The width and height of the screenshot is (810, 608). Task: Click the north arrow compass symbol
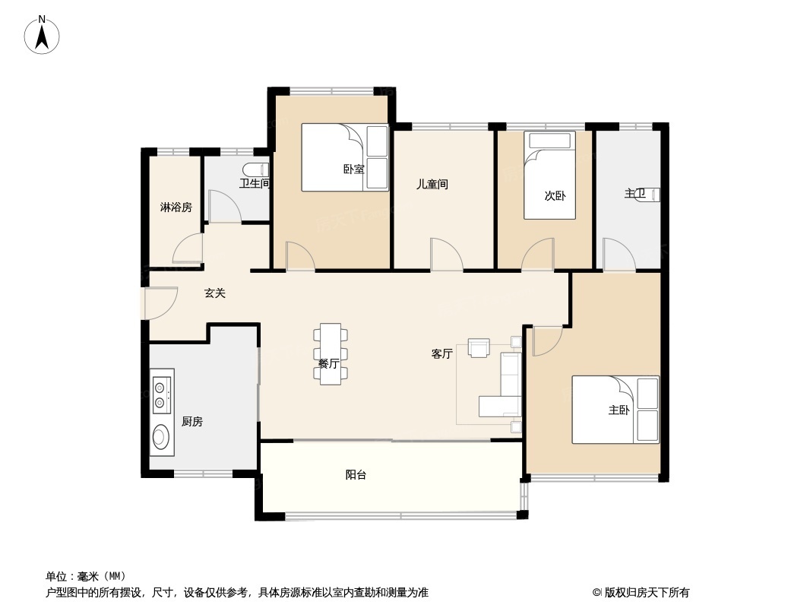point(42,35)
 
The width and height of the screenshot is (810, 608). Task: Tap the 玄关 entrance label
point(215,293)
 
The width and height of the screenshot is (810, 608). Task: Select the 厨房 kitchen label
point(192,422)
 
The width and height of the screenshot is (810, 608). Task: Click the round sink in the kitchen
point(161,436)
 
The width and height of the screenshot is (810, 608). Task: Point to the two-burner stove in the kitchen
point(162,395)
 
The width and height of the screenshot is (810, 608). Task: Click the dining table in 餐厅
point(330,354)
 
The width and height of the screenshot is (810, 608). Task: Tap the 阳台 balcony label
point(356,475)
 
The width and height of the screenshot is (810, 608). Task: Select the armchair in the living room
point(479,347)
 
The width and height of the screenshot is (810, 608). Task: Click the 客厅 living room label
point(442,354)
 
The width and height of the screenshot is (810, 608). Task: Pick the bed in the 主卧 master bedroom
point(615,410)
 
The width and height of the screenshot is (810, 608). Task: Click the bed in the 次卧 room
point(549,175)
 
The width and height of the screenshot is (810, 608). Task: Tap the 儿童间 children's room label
point(432,184)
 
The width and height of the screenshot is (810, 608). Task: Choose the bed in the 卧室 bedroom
point(344,157)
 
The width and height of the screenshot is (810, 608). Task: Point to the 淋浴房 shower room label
point(176,207)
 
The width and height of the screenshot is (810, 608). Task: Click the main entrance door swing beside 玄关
point(161,302)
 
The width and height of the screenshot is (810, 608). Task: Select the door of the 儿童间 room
point(447,254)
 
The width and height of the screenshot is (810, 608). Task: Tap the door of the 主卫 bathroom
point(619,254)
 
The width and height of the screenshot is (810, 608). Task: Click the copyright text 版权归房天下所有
point(647,593)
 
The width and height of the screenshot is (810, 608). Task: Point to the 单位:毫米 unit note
point(86,576)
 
